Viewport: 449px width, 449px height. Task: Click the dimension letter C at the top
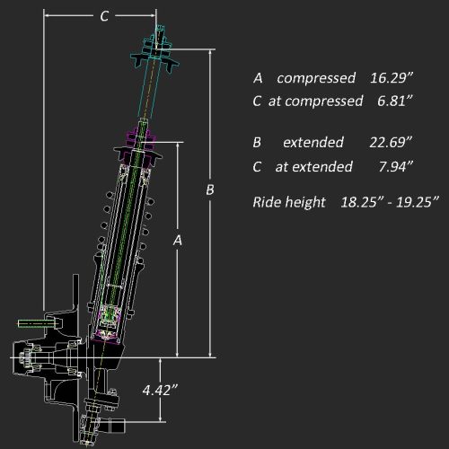coord(104,15)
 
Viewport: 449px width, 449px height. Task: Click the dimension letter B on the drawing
coord(210,190)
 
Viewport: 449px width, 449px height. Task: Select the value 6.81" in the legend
coord(395,101)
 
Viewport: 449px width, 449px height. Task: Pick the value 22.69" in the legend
coord(392,143)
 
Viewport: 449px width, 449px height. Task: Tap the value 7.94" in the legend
coord(395,166)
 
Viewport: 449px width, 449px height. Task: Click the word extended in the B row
coord(313,143)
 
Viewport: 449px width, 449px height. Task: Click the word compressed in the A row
coord(314,77)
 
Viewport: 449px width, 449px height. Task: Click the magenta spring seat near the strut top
coord(143,139)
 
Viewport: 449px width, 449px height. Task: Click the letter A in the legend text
coord(258,77)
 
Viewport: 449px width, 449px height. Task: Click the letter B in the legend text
coord(258,143)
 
